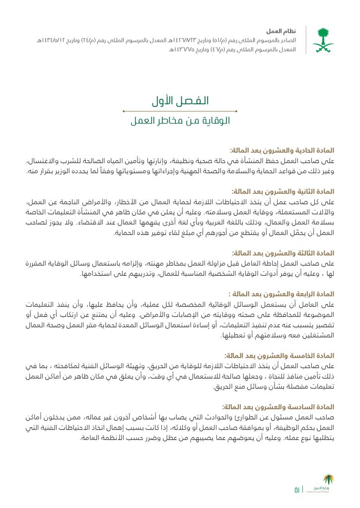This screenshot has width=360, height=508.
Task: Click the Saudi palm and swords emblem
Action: (323, 40)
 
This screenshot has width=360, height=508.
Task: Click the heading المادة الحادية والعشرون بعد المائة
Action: (282, 150)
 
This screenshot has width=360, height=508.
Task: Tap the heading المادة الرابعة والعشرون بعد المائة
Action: (280, 294)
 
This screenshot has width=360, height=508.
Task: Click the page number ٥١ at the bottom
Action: (297, 490)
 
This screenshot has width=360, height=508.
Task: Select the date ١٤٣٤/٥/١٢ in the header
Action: (52, 40)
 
